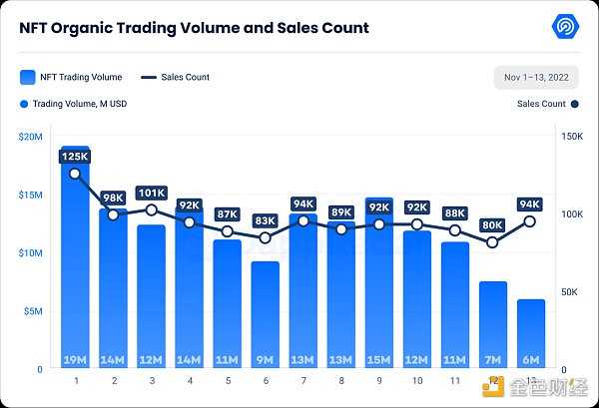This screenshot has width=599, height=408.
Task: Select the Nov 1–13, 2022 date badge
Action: tap(535, 78)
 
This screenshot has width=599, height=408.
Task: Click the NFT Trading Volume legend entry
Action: tap(69, 77)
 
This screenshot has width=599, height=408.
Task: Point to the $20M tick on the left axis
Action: tap(30, 136)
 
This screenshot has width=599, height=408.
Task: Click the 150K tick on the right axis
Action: tap(571, 136)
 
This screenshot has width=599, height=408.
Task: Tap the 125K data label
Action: tap(75, 157)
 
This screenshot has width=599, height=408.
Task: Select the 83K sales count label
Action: tap(265, 220)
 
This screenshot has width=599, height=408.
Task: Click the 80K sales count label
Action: tap(492, 225)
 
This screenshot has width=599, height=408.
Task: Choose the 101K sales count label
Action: tap(151, 194)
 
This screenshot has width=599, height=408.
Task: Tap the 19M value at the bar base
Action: tap(75, 359)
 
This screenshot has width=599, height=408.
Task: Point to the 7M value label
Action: tap(492, 359)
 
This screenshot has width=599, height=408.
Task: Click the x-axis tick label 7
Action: tap(302, 381)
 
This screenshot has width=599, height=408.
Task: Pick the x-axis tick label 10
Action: tap(416, 381)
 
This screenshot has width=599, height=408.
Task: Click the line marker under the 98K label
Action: tap(113, 214)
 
